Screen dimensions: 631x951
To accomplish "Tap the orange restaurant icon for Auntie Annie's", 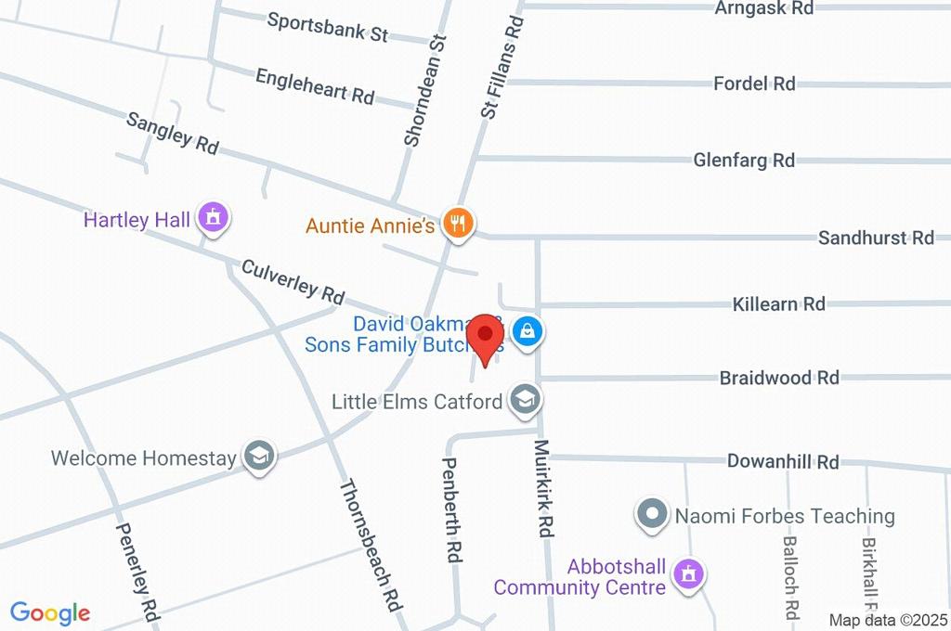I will pyautogui.click(x=458, y=223).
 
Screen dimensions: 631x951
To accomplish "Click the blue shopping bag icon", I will pyautogui.click(x=528, y=330).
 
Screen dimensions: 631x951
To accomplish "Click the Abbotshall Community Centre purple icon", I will pyautogui.click(x=688, y=573).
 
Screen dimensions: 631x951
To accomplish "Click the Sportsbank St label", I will pyautogui.click(x=327, y=27).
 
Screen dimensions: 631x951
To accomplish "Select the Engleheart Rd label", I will pyautogui.click(x=314, y=85).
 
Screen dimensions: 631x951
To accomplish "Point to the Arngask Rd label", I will pyautogui.click(x=763, y=8).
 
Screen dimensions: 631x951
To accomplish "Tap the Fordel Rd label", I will pyautogui.click(x=754, y=84).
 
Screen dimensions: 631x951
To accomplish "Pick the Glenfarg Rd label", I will pyautogui.click(x=744, y=160).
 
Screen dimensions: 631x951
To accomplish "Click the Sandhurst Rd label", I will pyautogui.click(x=876, y=238).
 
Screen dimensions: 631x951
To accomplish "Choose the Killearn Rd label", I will pyautogui.click(x=778, y=303).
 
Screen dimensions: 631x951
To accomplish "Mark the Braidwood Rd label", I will pyautogui.click(x=779, y=378).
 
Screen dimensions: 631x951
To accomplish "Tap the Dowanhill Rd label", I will pyautogui.click(x=783, y=461).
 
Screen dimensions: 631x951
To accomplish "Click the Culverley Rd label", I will pyautogui.click(x=293, y=281).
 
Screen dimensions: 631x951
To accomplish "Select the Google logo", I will pyautogui.click(x=50, y=612).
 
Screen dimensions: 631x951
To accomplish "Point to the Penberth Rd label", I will pyautogui.click(x=452, y=510).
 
